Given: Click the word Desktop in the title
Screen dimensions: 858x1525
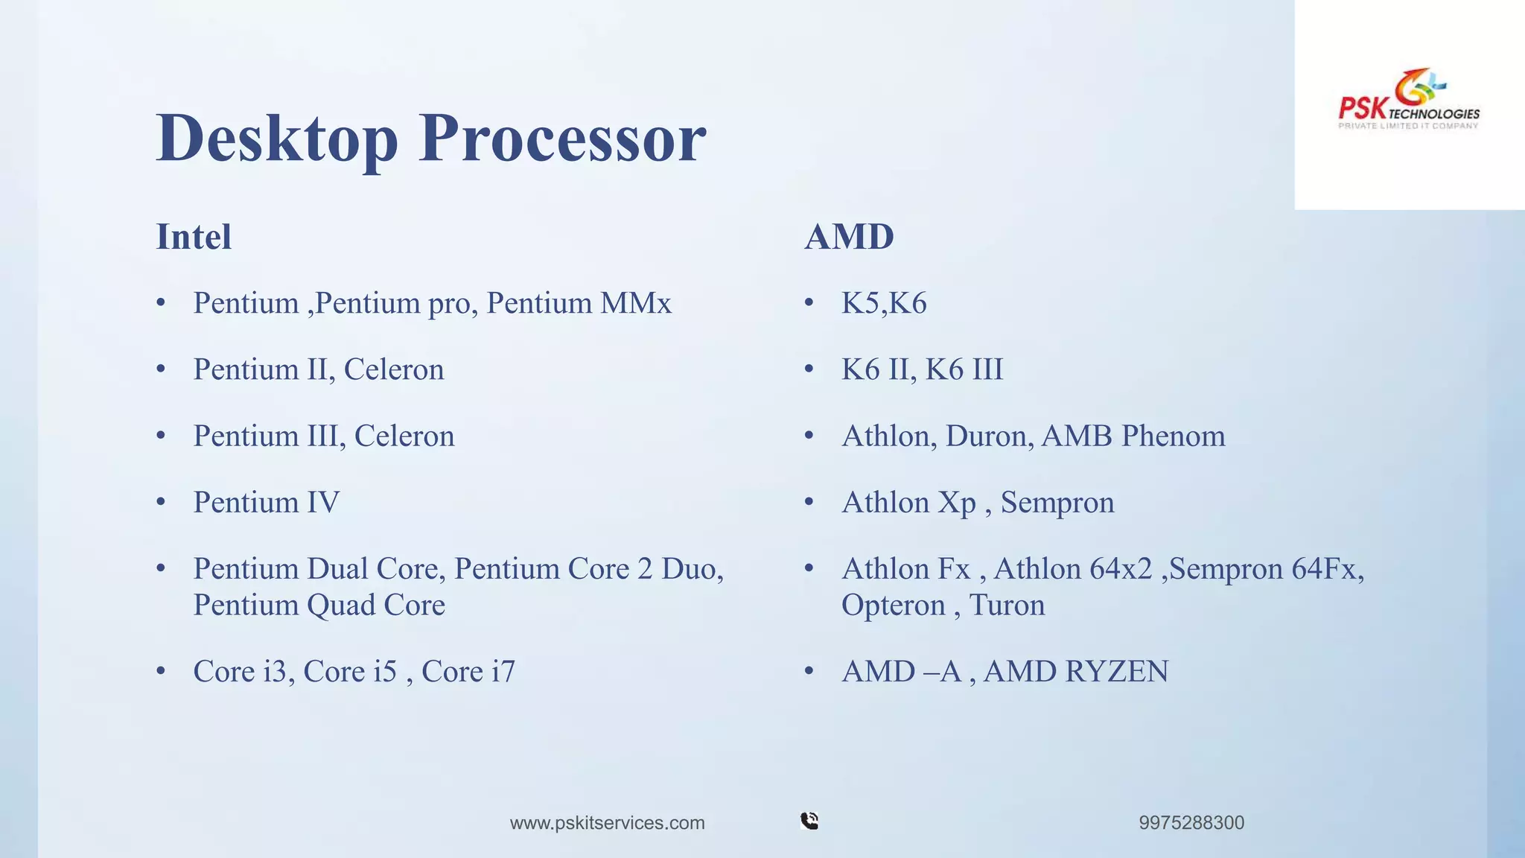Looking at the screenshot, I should click(x=277, y=139).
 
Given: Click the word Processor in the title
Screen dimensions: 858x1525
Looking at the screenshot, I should click(x=562, y=139).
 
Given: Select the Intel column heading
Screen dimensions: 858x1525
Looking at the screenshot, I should click(x=194, y=238).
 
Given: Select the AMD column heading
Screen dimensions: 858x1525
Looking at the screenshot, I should click(x=849, y=238).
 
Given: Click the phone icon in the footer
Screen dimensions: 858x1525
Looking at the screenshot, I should click(x=809, y=821).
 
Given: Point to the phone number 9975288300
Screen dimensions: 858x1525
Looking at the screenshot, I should click(x=1191, y=823).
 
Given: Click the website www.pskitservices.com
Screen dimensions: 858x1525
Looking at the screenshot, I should click(x=607, y=823).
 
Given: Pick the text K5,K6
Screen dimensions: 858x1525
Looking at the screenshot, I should click(x=884, y=304).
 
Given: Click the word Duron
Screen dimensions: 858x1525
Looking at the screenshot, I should click(x=989, y=436).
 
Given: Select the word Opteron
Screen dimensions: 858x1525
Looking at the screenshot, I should click(x=893, y=606).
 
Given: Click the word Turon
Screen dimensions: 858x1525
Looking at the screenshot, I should click(x=1007, y=606).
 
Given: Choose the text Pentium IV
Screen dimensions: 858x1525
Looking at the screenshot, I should click(x=266, y=503).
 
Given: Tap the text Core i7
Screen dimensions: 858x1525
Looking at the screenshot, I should click(x=468, y=672).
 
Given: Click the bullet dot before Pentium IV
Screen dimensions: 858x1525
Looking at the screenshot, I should click(x=161, y=502).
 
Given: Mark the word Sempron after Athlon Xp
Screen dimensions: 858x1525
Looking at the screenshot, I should click(x=1057, y=503).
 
